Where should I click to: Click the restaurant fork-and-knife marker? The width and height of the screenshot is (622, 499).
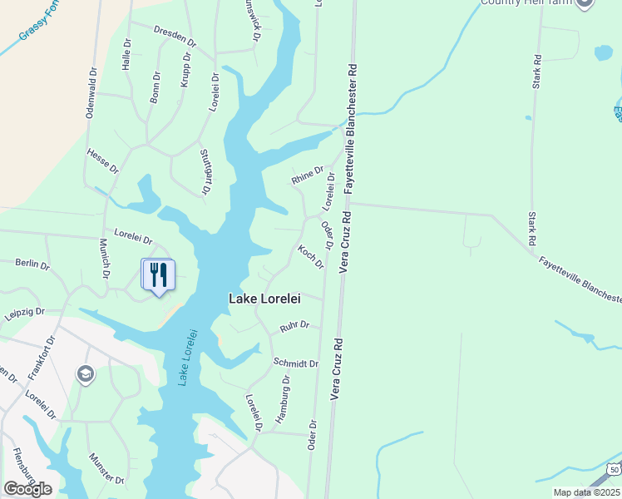pos(159,274)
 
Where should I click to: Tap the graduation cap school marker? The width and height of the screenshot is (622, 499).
pos(85,375)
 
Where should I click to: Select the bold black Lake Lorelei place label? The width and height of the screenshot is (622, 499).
pos(264,299)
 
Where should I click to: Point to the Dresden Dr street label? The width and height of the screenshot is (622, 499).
pos(174,35)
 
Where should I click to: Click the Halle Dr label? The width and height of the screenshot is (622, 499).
pos(127,54)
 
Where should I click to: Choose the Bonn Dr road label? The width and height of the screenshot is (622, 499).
pos(155,87)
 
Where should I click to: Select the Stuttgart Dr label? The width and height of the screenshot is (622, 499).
pos(205,172)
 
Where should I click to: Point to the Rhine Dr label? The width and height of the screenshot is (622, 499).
pos(307,175)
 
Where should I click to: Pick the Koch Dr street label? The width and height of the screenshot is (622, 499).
pos(310,256)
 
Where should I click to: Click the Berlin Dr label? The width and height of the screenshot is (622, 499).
pos(32,264)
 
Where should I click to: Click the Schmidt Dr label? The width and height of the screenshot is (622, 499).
pos(296,363)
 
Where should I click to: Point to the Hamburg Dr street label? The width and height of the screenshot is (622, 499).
pos(282,400)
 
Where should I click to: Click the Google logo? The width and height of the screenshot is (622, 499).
pos(27,489)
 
